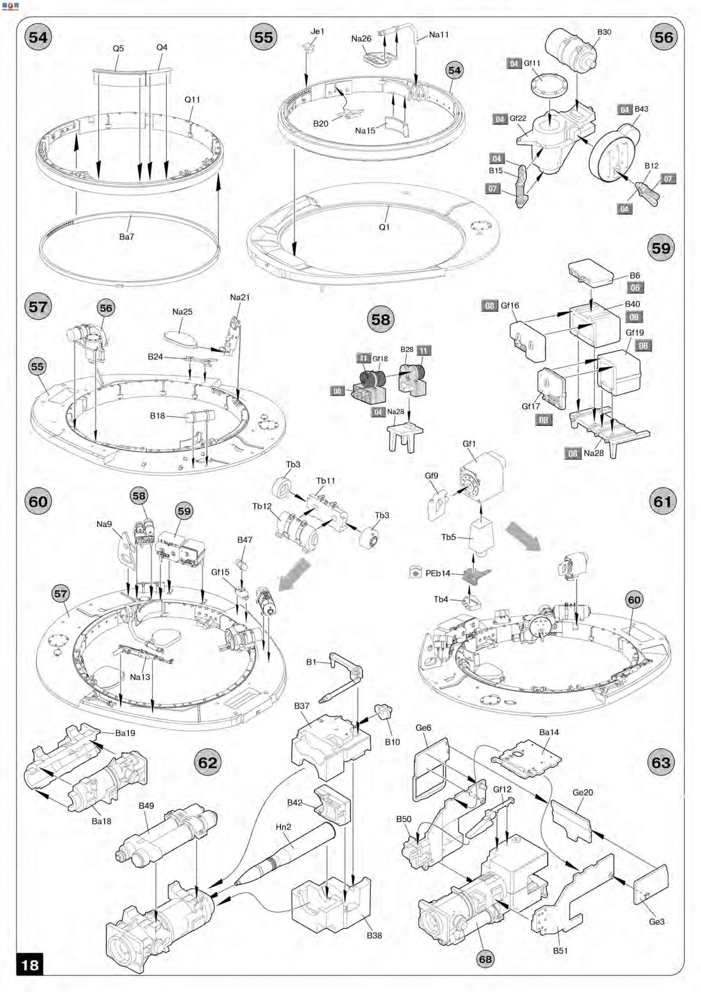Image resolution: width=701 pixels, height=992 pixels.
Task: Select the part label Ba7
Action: (127, 237)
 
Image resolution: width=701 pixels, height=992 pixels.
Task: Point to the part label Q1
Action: (384, 227)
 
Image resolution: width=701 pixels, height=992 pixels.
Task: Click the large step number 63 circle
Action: (661, 763)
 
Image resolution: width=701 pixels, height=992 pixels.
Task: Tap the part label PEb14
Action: (438, 573)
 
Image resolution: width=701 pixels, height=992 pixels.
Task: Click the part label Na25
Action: (182, 312)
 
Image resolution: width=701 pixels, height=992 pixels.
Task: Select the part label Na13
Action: (140, 677)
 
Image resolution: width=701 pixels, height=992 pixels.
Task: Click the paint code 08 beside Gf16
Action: (489, 306)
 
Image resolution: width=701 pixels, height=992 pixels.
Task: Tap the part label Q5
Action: (118, 48)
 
